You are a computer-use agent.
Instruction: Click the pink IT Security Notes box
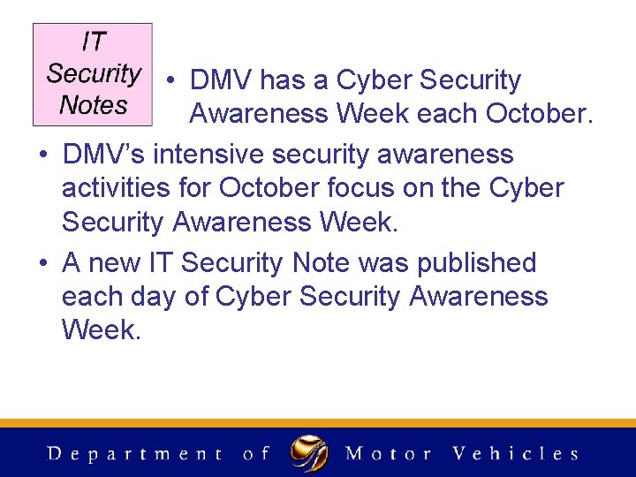coord(93,74)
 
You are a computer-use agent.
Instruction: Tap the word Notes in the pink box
coord(93,105)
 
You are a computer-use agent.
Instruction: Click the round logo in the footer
coord(309,453)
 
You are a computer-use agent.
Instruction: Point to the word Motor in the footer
coord(389,454)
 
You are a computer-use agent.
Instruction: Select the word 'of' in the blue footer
coord(255,454)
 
